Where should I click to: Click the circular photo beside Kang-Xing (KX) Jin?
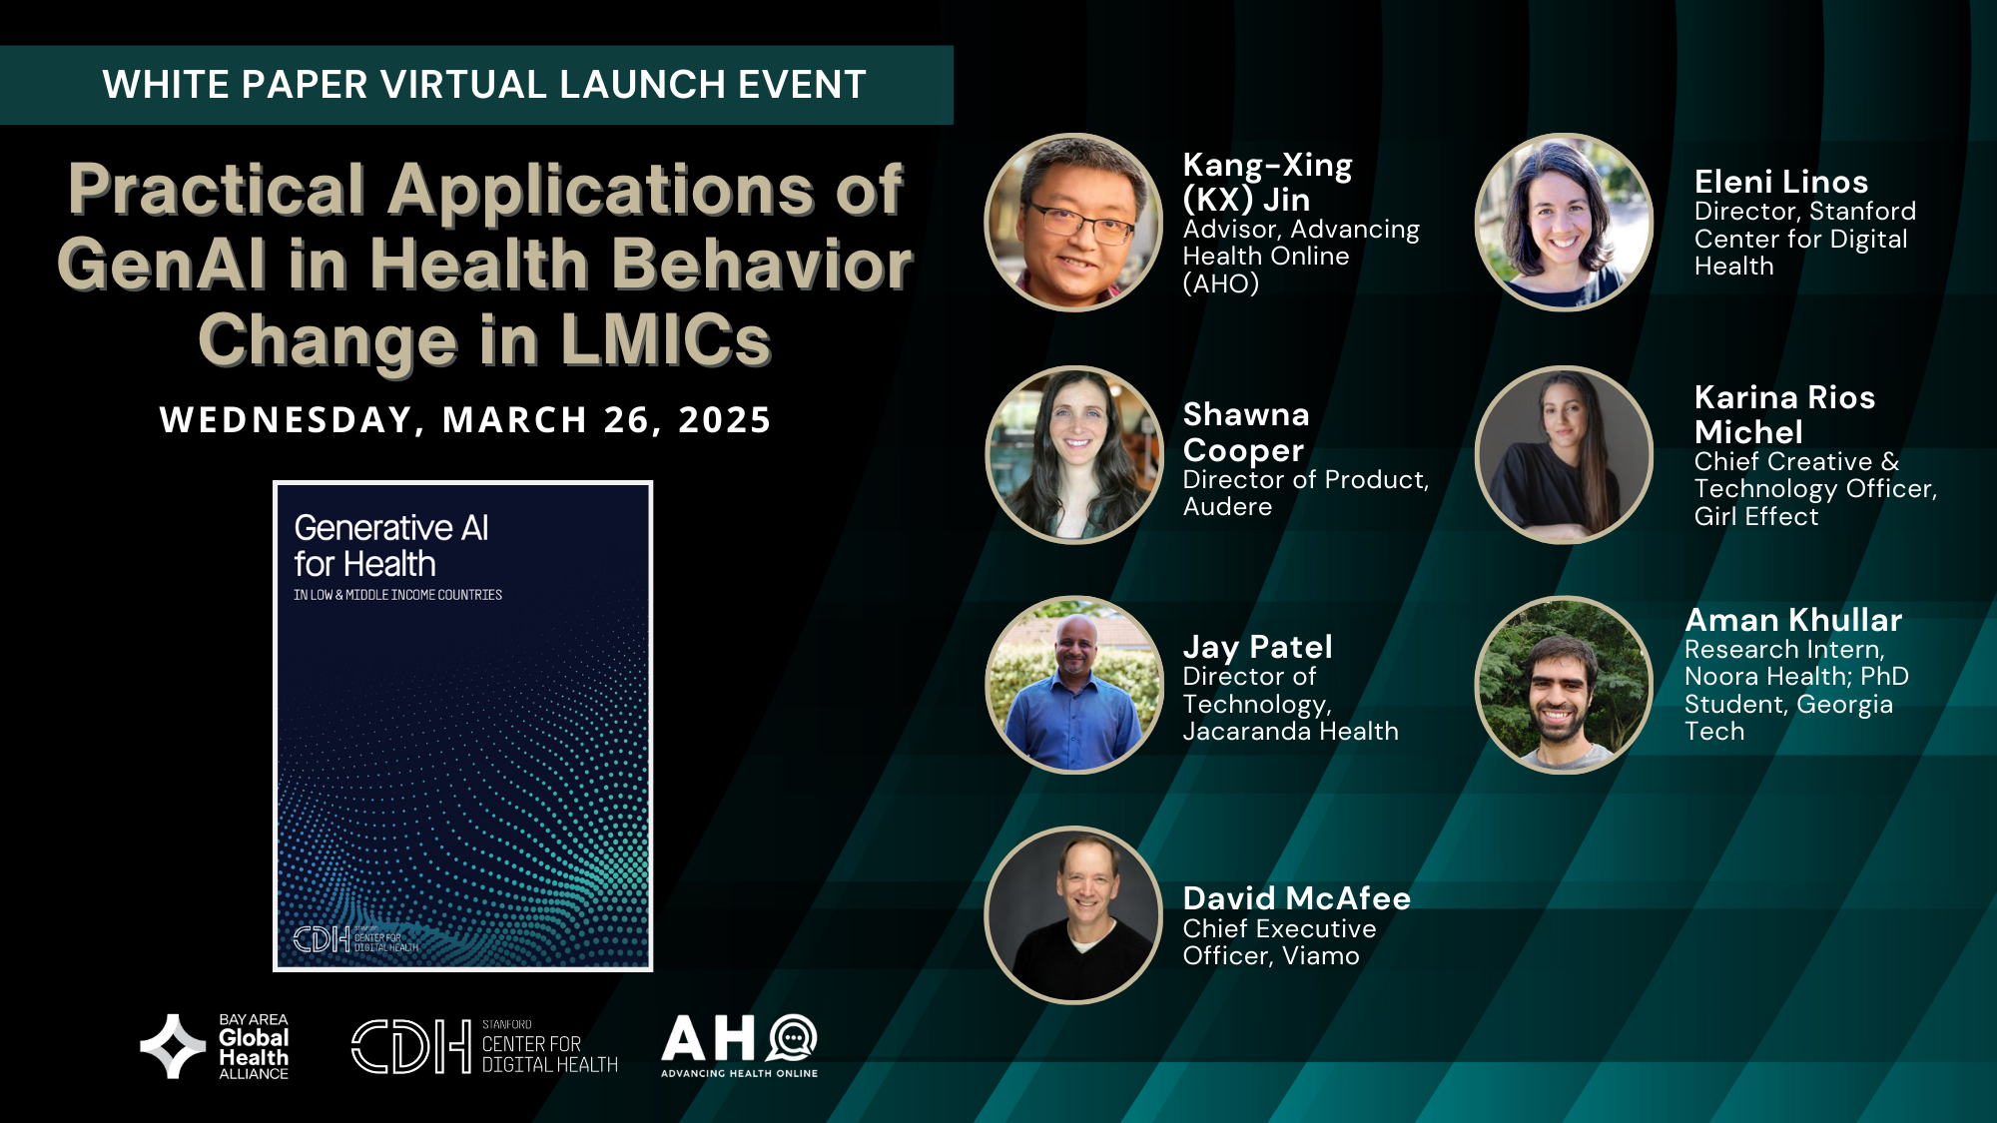click(1073, 223)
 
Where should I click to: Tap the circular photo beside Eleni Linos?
click(1564, 223)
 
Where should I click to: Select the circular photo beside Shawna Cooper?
click(1073, 454)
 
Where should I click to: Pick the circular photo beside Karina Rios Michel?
click(1564, 454)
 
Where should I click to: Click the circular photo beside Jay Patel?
click(1073, 685)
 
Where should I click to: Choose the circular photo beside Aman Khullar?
click(1564, 685)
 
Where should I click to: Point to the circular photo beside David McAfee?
click(1073, 915)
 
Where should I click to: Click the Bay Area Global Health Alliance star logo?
click(173, 1046)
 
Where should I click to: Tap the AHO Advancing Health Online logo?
click(740, 1045)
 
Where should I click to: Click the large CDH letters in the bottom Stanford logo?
click(410, 1046)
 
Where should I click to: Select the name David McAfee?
click(1296, 898)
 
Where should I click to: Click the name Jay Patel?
click(1257, 647)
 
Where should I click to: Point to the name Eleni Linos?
click(1781, 182)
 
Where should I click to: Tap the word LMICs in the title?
click(666, 340)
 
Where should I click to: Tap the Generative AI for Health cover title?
click(391, 545)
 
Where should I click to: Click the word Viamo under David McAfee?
click(1321, 956)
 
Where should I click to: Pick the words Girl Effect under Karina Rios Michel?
click(1756, 516)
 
